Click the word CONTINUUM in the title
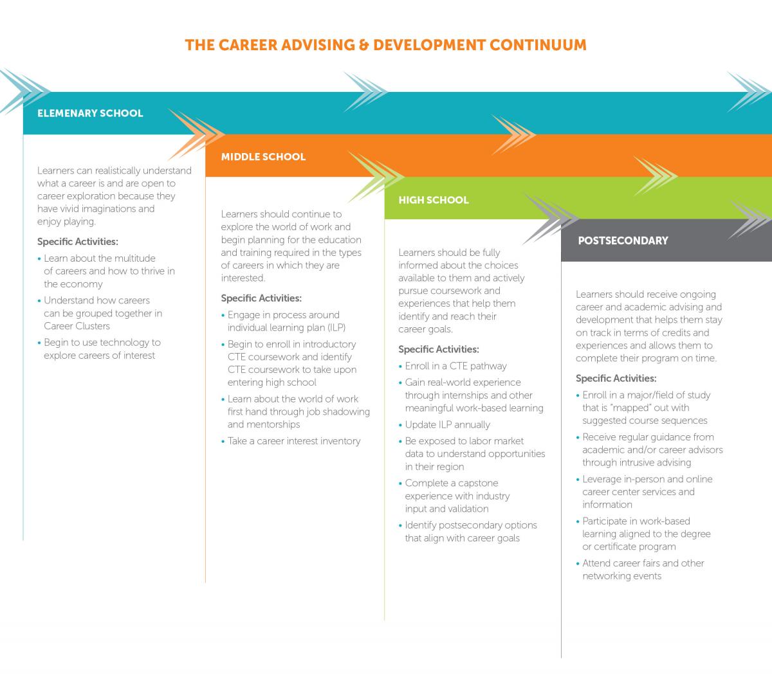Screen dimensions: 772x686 (x=538, y=45)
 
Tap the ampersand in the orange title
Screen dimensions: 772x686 (x=364, y=45)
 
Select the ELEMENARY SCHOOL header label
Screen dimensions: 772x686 (x=90, y=113)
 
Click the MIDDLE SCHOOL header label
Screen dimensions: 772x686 (x=263, y=156)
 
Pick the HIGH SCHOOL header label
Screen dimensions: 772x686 (x=434, y=200)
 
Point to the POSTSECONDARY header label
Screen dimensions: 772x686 (x=623, y=240)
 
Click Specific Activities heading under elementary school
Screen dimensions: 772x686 (x=78, y=242)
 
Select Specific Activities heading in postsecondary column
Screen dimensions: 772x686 (x=616, y=378)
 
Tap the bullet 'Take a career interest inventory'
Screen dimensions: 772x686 (x=294, y=441)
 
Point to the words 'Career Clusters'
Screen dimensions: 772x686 (x=77, y=326)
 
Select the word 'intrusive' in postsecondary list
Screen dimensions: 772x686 (x=636, y=462)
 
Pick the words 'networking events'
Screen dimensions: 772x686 (x=622, y=576)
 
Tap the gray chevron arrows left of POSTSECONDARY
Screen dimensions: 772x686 (x=551, y=219)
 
